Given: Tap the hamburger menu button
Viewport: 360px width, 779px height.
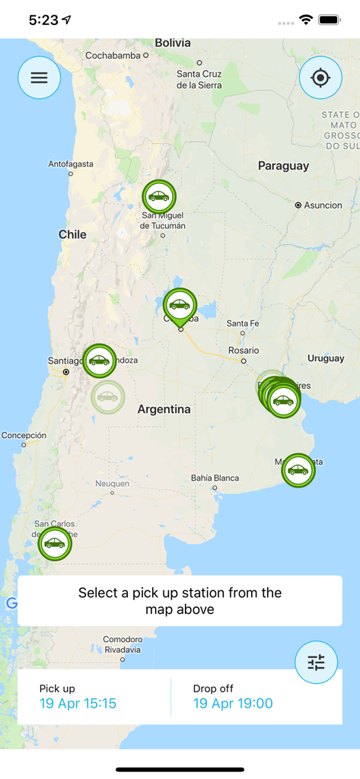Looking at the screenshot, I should tap(39, 78).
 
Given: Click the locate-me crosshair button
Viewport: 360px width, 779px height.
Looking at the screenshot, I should tap(320, 78).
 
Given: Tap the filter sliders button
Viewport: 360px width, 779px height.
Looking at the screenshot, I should tap(316, 662).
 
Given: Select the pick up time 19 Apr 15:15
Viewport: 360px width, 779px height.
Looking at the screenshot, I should tap(78, 704).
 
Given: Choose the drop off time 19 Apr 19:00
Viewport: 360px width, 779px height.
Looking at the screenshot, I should tap(233, 704).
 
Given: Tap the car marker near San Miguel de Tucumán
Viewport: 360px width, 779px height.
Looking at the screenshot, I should tap(158, 197).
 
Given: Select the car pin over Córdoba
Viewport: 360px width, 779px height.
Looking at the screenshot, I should tap(180, 306).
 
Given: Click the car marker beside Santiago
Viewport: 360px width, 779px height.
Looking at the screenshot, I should tap(100, 361).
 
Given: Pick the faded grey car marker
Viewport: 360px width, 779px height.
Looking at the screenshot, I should tap(107, 396).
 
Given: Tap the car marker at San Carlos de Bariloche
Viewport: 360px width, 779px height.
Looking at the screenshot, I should tap(55, 543).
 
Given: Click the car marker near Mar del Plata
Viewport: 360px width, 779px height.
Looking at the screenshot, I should tap(298, 470).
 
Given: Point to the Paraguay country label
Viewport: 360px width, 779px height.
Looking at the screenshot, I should tap(283, 166).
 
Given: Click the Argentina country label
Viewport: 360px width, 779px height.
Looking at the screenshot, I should tap(164, 409).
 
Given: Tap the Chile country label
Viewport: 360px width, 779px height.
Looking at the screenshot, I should tap(72, 234).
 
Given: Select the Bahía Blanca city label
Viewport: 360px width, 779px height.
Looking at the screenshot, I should tap(215, 478).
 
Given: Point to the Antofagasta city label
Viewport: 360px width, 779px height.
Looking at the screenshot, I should tap(71, 164).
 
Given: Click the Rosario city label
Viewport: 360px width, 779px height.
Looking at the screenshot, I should tap(243, 350).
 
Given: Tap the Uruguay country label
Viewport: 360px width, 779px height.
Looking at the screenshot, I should tap(326, 358).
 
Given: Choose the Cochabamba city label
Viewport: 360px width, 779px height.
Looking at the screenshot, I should tap(113, 56).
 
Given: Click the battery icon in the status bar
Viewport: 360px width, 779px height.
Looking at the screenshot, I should tap(330, 20).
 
